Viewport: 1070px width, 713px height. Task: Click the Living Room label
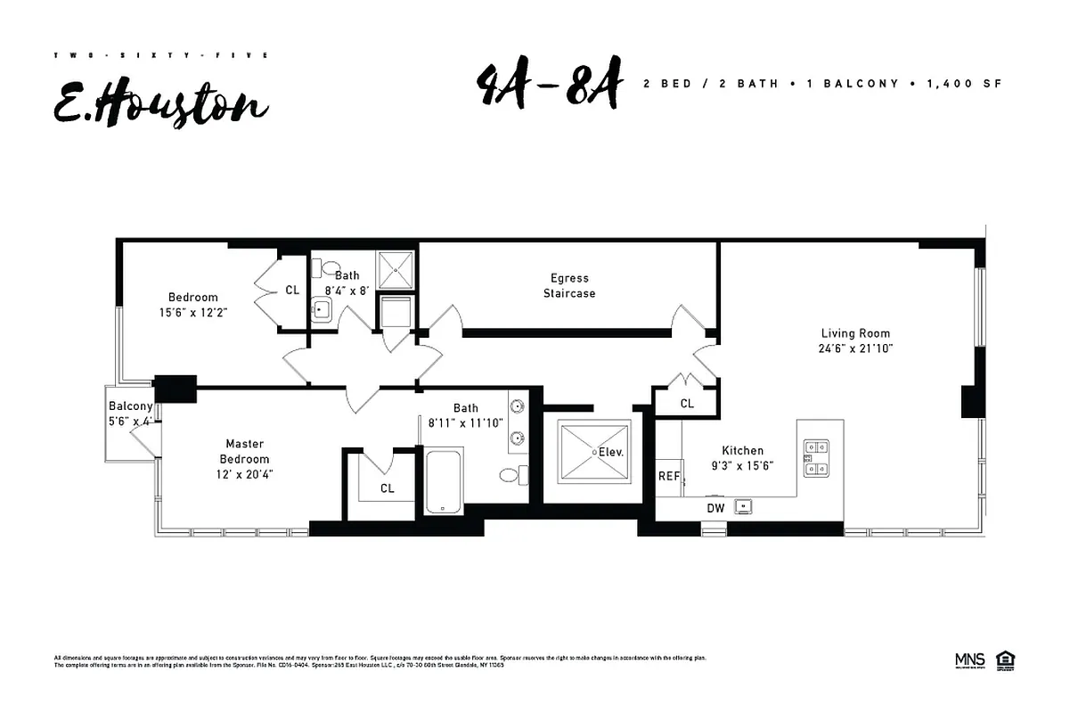[855, 333]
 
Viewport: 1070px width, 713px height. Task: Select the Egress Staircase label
[569, 285]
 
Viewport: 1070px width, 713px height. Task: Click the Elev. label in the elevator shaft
[611, 452]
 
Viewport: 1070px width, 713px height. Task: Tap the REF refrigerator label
[668, 477]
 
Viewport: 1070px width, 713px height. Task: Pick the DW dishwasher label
[715, 508]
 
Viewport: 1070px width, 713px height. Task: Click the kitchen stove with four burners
[817, 457]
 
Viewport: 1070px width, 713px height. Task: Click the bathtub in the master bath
[443, 481]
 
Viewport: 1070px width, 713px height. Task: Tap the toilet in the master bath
[511, 475]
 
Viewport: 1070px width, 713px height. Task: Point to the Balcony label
[131, 406]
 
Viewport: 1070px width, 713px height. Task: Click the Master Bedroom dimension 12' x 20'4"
[243, 474]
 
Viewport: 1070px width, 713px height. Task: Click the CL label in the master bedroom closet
[387, 488]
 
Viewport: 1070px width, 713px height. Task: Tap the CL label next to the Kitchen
[687, 404]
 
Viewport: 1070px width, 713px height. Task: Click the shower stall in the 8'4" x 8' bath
[396, 270]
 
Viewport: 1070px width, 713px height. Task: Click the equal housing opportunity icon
[1007, 660]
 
